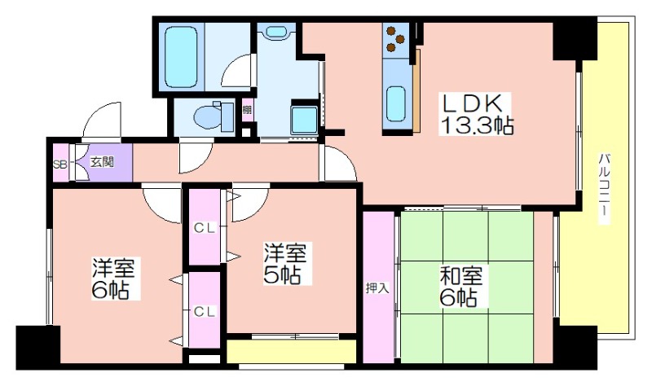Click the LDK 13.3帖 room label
pyautogui.click(x=476, y=113)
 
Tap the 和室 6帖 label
pyautogui.click(x=461, y=287)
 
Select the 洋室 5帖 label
pyautogui.click(x=285, y=264)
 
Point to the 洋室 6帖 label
pyautogui.click(x=112, y=278)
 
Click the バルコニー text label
pyautogui.click(x=604, y=189)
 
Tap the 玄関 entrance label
pyautogui.click(x=103, y=161)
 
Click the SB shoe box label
pyautogui.click(x=60, y=164)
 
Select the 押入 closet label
pyautogui.click(x=377, y=288)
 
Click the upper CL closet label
pyautogui.click(x=205, y=228)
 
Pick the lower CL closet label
pyautogui.click(x=205, y=311)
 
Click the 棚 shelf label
pyautogui.click(x=247, y=110)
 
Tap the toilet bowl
pyautogui.click(x=210, y=116)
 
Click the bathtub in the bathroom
pyautogui.click(x=181, y=57)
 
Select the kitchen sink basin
pyautogui.click(x=395, y=103)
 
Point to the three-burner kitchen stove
pyautogui.click(x=395, y=39)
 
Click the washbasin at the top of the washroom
pyautogui.click(x=275, y=32)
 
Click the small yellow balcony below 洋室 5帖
pyautogui.click(x=292, y=352)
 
